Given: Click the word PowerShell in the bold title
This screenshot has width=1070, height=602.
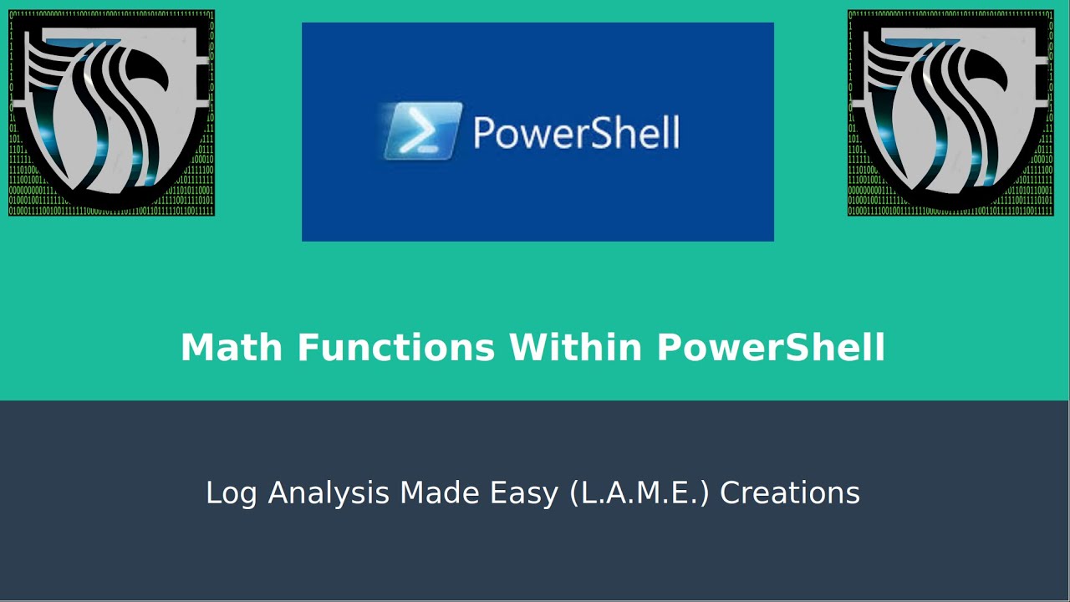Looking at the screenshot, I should point(771,348).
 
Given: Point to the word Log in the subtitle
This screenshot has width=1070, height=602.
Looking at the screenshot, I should point(231,493).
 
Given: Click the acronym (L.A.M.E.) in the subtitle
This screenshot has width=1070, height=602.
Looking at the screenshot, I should point(639,493).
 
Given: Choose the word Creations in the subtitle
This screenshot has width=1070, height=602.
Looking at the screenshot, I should point(790,493).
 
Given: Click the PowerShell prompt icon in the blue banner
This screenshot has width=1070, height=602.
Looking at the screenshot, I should point(423,131).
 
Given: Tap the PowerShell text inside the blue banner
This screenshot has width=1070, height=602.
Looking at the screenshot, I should point(576,133).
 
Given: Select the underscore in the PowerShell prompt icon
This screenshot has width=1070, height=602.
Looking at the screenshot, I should point(428,149).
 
